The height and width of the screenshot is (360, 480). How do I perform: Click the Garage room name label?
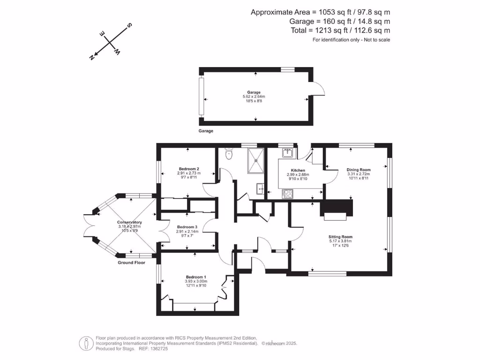tap(254, 92)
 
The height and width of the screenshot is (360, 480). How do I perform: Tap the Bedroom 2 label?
tap(189, 169)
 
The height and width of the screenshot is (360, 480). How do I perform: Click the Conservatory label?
tap(129, 222)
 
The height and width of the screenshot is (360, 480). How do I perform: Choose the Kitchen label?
tap(298, 170)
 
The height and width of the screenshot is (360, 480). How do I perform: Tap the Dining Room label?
tap(359, 170)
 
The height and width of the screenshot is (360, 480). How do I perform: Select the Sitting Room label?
tap(340, 237)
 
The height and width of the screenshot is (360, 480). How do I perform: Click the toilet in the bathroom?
tap(229, 154)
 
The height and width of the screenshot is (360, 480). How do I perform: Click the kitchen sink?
tap(287, 153)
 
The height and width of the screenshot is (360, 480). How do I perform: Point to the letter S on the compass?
tap(129, 26)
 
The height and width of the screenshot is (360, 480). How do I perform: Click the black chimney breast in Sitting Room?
tap(336, 207)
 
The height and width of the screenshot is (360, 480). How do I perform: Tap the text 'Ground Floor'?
tap(131, 263)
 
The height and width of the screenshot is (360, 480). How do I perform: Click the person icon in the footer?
tap(85, 343)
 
